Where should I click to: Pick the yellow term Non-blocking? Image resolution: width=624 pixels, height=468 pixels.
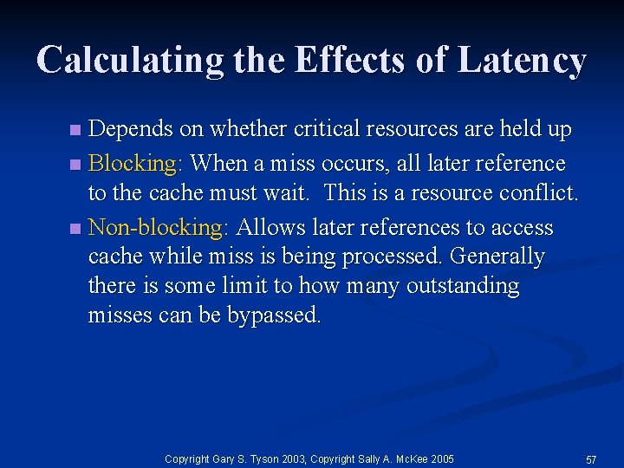[157, 228]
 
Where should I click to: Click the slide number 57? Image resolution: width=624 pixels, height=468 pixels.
[592, 458]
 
